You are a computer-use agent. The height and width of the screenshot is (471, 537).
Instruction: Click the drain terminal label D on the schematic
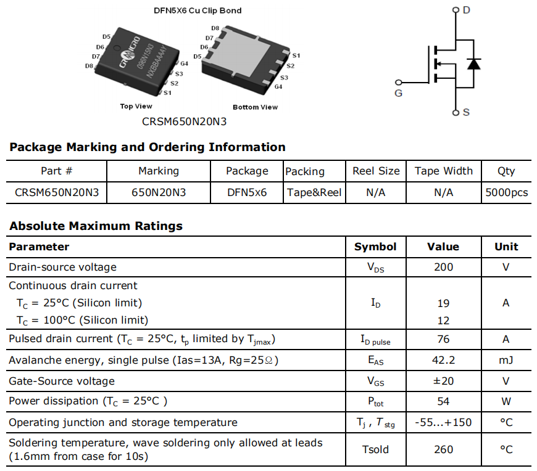coord(466,10)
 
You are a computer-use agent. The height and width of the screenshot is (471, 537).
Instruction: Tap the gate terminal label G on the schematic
coord(398,93)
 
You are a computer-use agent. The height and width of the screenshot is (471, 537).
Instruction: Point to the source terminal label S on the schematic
coord(466,112)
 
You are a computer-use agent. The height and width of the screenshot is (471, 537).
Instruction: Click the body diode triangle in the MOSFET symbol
coord(473,64)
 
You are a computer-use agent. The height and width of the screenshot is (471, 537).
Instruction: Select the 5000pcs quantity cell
coord(507,192)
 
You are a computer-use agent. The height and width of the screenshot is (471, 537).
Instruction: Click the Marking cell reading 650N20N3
coord(159,192)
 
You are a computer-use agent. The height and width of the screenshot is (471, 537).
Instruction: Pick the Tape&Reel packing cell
coord(314,192)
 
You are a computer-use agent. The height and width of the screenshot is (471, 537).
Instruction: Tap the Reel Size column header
coord(376,171)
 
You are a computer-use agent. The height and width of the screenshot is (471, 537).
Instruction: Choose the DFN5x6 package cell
coord(247,192)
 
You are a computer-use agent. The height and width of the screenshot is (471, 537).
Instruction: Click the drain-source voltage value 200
coord(444,267)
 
